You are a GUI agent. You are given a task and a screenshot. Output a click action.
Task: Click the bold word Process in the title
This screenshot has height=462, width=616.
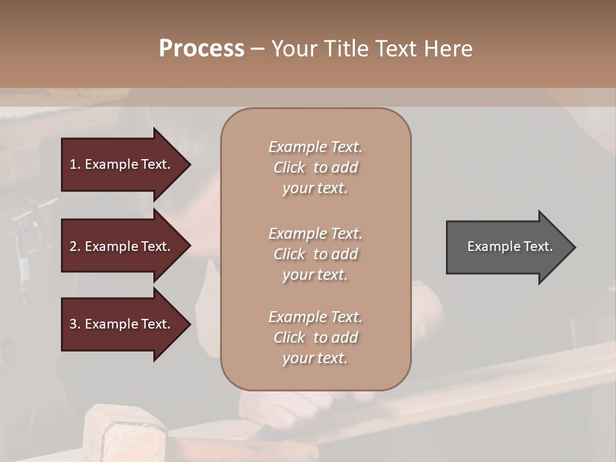201,49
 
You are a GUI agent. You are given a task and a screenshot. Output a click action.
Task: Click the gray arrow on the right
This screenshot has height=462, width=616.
507,246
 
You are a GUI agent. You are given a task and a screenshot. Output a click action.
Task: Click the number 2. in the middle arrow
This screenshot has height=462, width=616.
74,246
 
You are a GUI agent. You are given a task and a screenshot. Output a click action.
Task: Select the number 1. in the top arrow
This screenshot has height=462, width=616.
74,164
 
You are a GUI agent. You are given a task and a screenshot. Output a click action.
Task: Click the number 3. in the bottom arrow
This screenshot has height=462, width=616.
74,324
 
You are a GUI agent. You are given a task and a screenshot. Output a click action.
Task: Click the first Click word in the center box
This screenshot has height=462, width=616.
289,167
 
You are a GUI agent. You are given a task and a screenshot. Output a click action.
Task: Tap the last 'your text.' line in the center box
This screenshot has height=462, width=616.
315,358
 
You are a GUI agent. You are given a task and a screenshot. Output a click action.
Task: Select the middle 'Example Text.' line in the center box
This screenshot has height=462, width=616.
315,234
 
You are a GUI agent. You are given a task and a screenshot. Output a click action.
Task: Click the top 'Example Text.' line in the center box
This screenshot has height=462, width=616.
315,147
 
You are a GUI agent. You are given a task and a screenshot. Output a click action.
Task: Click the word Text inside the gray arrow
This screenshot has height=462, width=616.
538,246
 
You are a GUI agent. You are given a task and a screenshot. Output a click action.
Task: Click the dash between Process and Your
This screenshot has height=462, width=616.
257,49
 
